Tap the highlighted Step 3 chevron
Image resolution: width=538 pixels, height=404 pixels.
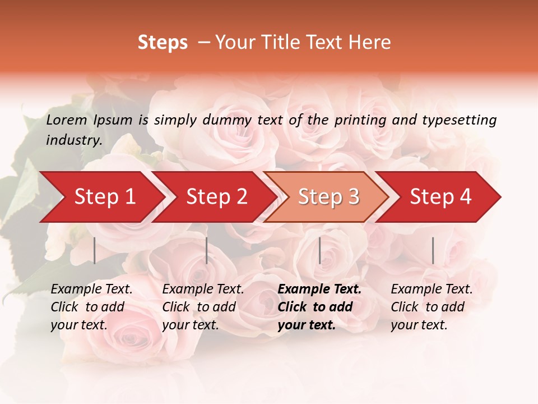[328, 197]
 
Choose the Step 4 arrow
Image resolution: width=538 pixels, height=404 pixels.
[440, 197]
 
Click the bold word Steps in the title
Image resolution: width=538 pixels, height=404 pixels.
[163, 43]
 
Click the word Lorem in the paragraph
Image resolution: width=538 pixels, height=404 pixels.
[67, 120]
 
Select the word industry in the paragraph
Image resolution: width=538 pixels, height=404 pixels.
[74, 140]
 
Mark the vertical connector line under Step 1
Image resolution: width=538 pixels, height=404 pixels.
[95, 250]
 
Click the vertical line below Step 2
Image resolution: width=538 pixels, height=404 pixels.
[207, 250]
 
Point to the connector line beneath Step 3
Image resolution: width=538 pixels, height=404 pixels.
[319, 250]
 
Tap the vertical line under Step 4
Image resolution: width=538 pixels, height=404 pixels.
[433, 250]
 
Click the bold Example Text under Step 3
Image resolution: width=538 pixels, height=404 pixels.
[319, 290]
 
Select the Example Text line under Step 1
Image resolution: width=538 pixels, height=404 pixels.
[91, 290]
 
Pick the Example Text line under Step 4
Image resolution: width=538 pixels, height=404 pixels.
[432, 290]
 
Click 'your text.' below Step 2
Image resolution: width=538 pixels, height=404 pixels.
[190, 325]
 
